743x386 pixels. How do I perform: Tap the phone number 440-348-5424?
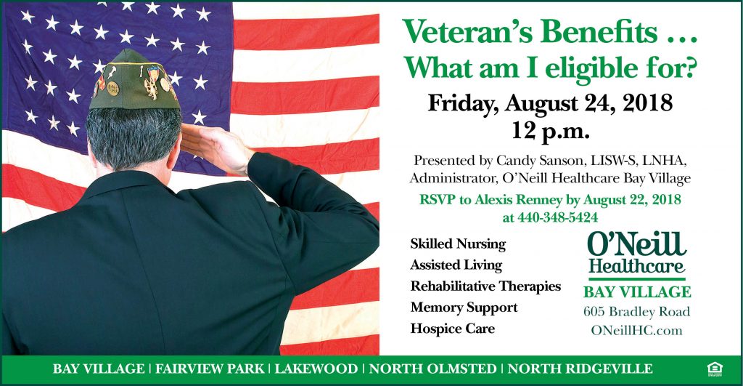557,217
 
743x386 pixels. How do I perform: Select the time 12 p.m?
550,131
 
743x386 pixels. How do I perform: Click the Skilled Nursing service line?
458,244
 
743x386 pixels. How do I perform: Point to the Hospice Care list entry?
453,329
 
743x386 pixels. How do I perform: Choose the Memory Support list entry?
464,307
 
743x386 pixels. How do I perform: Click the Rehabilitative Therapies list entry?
485,286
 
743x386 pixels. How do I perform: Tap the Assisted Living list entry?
456,265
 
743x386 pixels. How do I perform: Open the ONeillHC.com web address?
636,331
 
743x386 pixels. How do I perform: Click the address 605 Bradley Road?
636,312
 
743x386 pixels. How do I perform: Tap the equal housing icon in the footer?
715,369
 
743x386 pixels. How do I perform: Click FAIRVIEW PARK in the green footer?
210,369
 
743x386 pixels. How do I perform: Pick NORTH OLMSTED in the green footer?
432,369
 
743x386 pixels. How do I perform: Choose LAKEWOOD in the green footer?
316,369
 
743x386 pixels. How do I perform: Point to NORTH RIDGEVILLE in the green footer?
580,369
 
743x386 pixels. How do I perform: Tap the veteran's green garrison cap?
135,81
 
